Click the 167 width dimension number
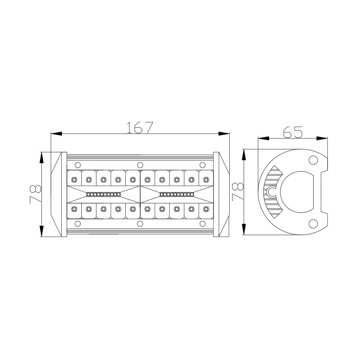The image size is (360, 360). (x=140, y=127)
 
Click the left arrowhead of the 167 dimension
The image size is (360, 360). (x=57, y=134)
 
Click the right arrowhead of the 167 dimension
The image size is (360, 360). (x=224, y=134)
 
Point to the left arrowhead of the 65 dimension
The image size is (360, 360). (x=264, y=138)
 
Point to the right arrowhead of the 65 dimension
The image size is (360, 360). (x=322, y=138)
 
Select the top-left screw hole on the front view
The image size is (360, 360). (x=78, y=165)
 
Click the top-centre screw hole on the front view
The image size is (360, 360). (x=140, y=165)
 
